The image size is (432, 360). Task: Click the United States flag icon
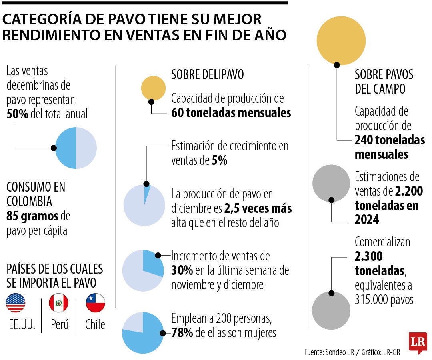click(16, 303)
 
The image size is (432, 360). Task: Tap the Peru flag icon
click(58, 303)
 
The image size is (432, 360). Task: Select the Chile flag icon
click(96, 303)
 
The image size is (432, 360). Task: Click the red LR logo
click(418, 342)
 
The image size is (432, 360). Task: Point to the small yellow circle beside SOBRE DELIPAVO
click(153, 88)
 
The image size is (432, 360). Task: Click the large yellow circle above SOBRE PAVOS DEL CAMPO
click(341, 40)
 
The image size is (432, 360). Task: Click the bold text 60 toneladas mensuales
click(231, 113)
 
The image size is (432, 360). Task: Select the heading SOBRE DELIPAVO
click(207, 74)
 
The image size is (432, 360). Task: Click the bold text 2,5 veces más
click(258, 209)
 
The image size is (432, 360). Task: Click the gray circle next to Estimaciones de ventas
click(331, 184)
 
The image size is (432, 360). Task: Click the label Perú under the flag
click(59, 324)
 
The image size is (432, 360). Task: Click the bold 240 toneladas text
click(390, 140)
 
